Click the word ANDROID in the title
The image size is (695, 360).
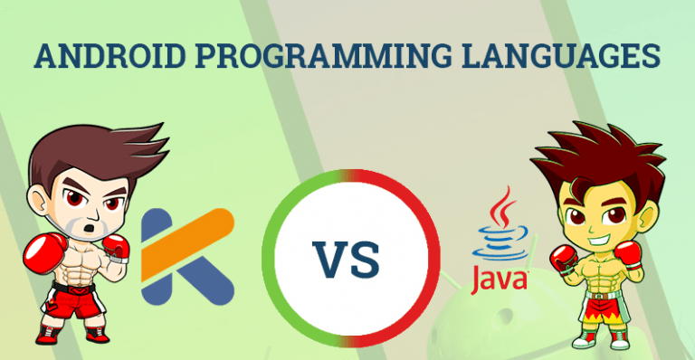[x=109, y=56]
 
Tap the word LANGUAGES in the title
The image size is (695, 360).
[x=561, y=56]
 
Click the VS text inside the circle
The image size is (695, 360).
[x=347, y=260]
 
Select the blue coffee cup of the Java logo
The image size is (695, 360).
[x=500, y=242]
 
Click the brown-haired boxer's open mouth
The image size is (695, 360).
[x=90, y=228]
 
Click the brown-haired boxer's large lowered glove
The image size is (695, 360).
[x=44, y=252]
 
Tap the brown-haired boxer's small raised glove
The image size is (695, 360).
[x=117, y=249]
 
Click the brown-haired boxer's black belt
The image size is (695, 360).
[x=73, y=288]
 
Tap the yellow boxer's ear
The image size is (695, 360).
[x=647, y=213]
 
